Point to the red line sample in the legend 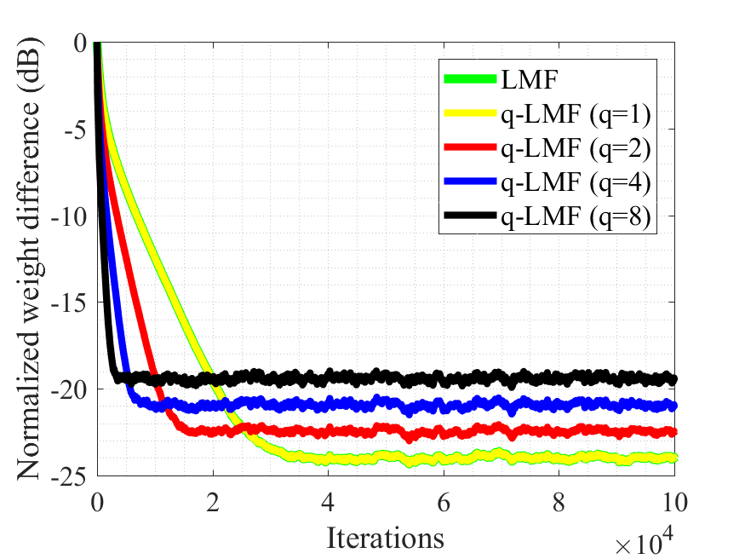click(469, 149)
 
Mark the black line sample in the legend click(469, 219)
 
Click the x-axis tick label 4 click(329, 498)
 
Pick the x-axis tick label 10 click(674, 498)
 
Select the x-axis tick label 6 click(444, 498)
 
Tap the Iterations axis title click(385, 538)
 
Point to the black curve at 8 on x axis click(560, 376)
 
